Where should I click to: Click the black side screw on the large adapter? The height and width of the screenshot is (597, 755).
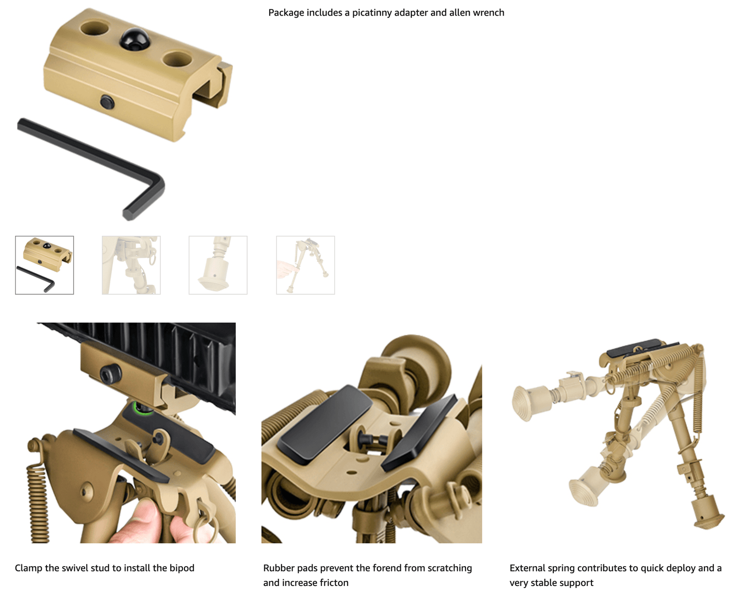tap(108, 102)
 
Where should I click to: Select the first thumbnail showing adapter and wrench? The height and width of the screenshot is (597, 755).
tap(44, 265)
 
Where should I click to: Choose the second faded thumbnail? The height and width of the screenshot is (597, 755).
tap(131, 265)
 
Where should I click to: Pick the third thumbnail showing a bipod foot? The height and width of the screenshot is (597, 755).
tap(218, 265)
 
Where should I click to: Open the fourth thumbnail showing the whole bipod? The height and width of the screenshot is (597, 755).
tap(305, 265)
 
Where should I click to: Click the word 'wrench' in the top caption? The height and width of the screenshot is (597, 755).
tap(489, 13)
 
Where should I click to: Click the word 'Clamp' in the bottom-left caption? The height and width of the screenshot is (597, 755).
tap(28, 568)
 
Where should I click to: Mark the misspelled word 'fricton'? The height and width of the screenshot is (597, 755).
tap(332, 583)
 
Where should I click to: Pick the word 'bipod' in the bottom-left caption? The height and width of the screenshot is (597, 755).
tap(181, 568)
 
